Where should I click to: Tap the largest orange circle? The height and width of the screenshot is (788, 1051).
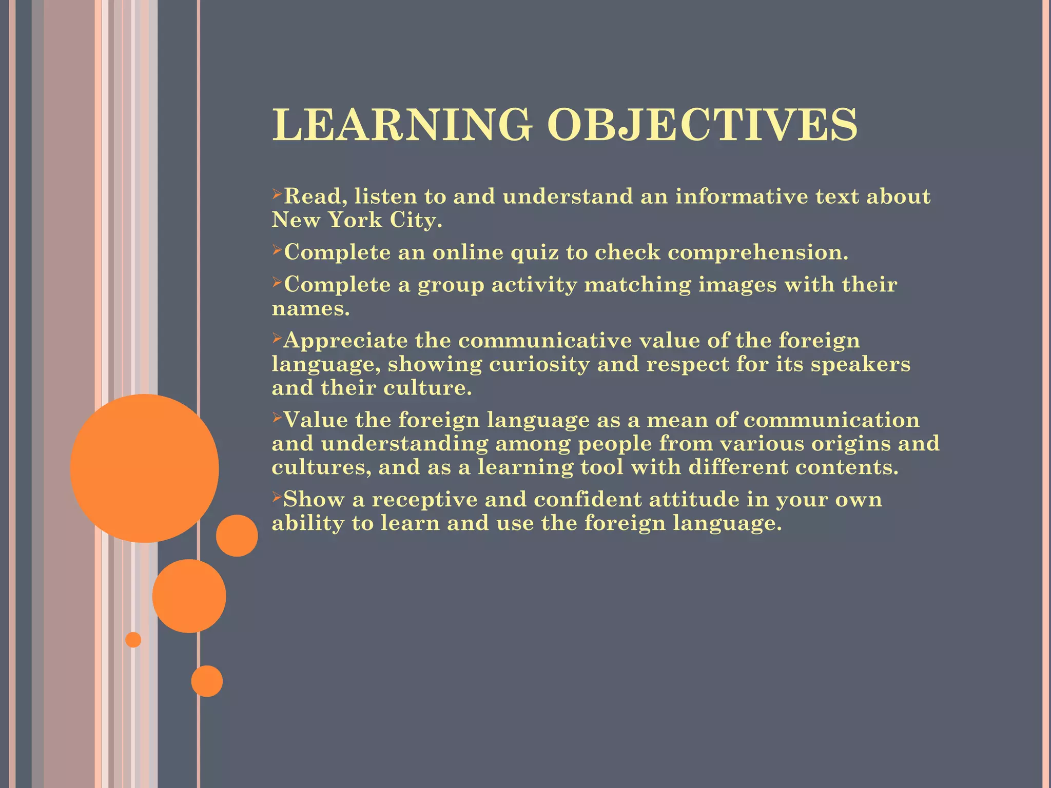pos(144,468)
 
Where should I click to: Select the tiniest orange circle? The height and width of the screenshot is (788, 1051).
pos(133,640)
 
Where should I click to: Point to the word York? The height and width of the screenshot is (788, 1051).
pos(355,220)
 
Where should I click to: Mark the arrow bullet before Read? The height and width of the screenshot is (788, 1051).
pos(277,194)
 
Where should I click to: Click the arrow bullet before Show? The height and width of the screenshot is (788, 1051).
pos(277,497)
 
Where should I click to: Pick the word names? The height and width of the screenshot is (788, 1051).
pos(310,308)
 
